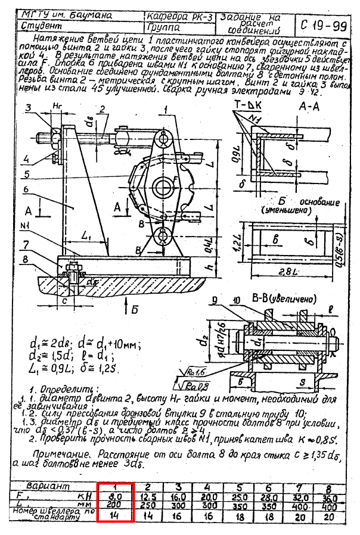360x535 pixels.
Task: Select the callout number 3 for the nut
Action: pyautogui.click(x=27, y=107)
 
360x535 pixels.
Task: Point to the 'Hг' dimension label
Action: pyautogui.click(x=57, y=106)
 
